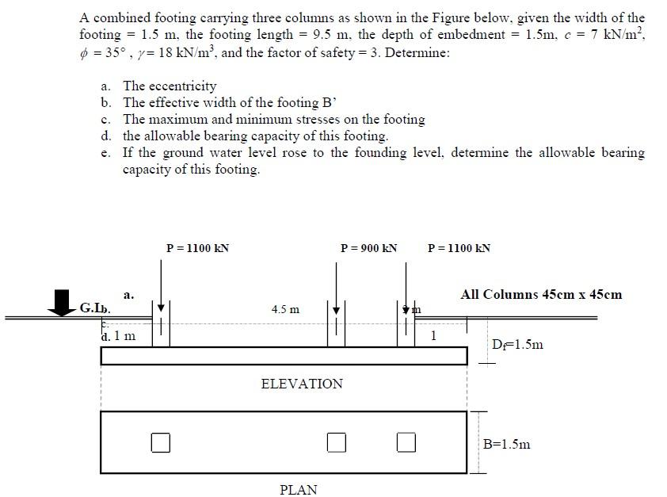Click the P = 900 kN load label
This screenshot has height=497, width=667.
pos(368,248)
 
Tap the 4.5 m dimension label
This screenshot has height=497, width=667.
pos(285,309)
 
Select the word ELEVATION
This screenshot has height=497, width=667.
pos(302,384)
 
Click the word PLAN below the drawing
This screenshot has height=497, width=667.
pos(299,490)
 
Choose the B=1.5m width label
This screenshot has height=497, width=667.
pos(507,444)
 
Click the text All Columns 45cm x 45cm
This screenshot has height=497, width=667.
pos(541,294)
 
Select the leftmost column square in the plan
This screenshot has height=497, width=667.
pos(161,442)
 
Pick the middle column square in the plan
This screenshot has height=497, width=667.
pos(337,442)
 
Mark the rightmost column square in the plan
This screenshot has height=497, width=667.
pos(406,442)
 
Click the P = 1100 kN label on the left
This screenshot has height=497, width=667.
pos(197,248)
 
